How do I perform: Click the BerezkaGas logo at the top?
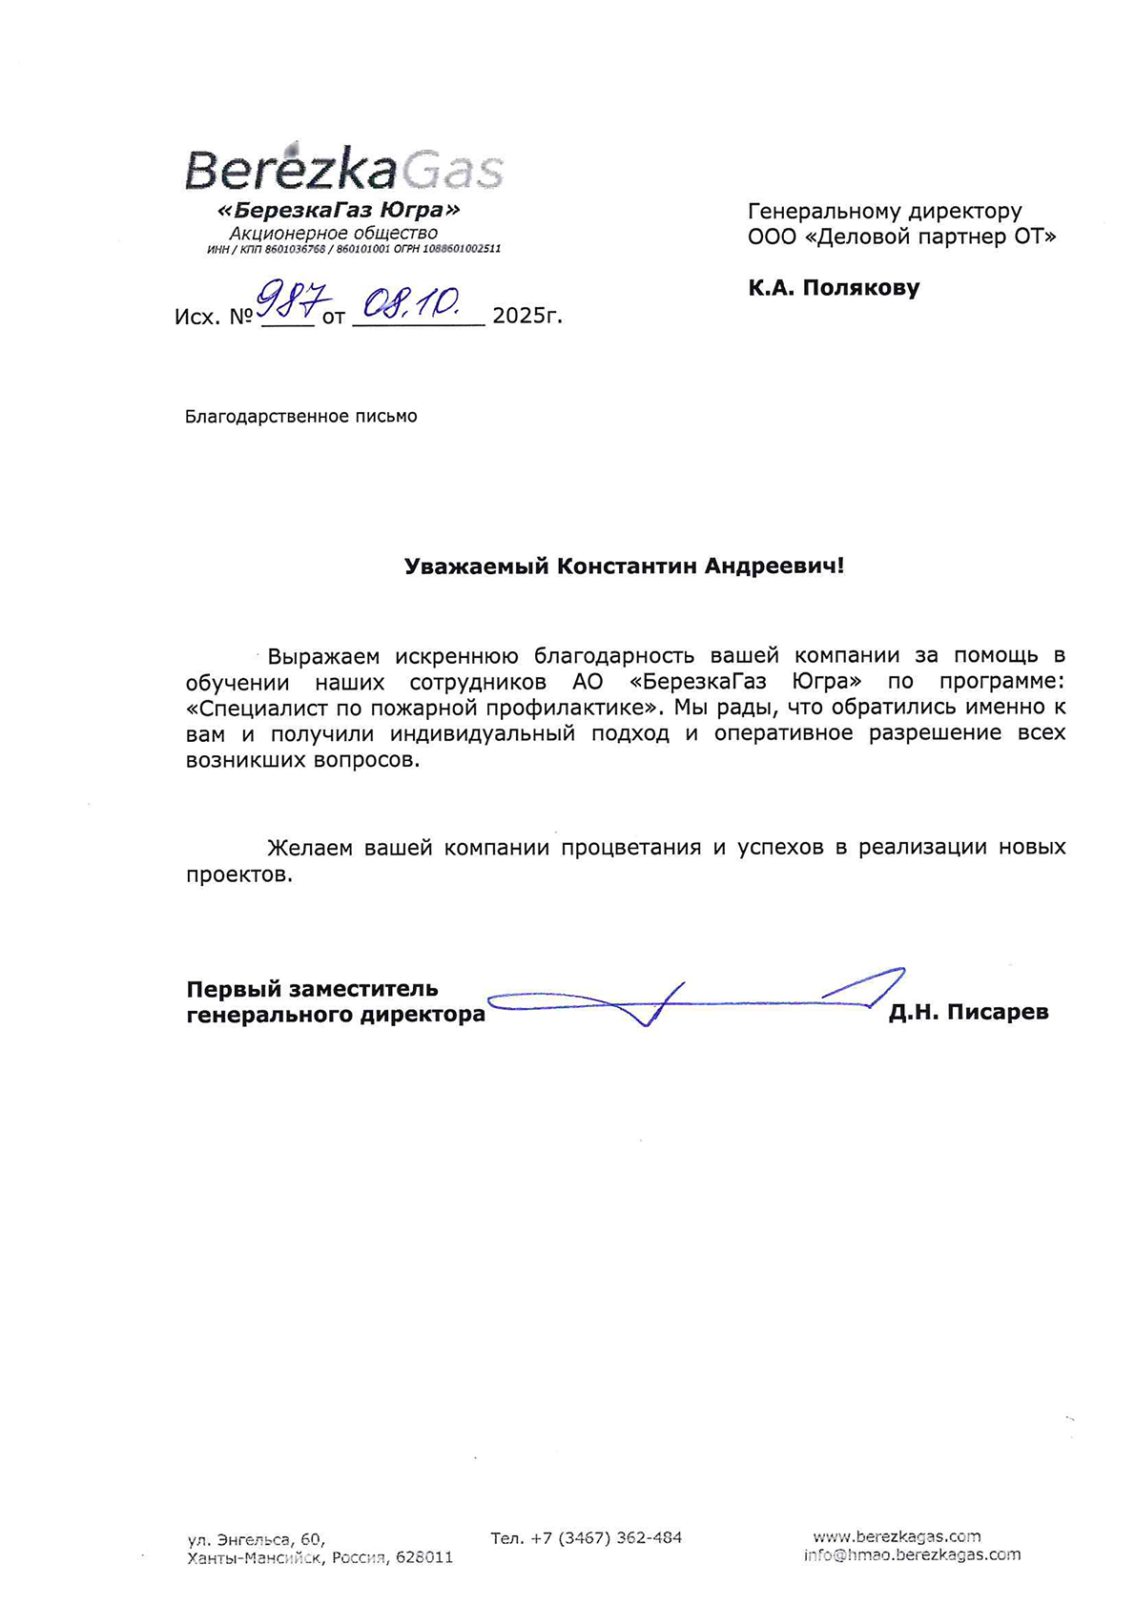pyautogui.click(x=343, y=170)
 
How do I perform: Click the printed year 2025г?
pyautogui.click(x=527, y=316)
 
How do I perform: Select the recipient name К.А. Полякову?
pyautogui.click(x=834, y=287)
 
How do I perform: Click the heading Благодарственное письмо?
pyautogui.click(x=300, y=417)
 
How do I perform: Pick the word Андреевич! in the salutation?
pyautogui.click(x=774, y=566)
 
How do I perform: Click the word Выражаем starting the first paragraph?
pyautogui.click(x=323, y=656)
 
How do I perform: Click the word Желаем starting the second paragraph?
pyautogui.click(x=310, y=848)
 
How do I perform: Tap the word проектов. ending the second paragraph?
pyautogui.click(x=238, y=875)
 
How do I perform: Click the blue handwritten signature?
pyautogui.click(x=687, y=998)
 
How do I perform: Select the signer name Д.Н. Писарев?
pyautogui.click(x=968, y=1012)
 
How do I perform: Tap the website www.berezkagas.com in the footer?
pyautogui.click(x=897, y=1536)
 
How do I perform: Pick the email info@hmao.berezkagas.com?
pyautogui.click(x=912, y=1554)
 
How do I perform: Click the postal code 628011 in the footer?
pyautogui.click(x=424, y=1557)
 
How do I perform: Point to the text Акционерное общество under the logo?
pyautogui.click(x=333, y=233)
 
